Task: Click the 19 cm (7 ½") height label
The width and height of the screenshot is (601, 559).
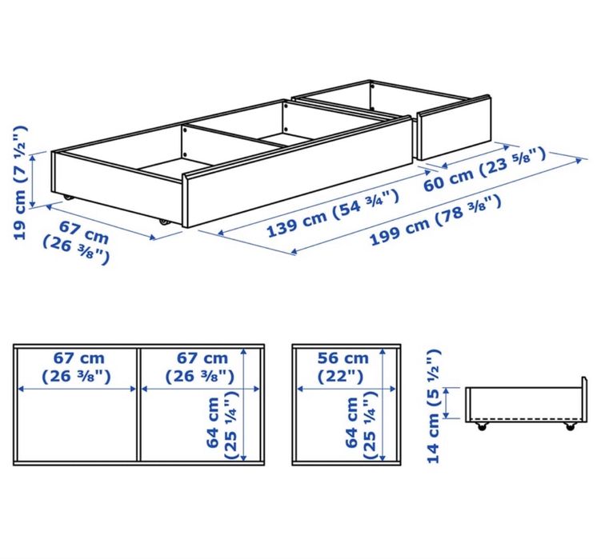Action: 20,183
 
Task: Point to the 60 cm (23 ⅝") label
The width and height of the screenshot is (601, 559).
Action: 484,169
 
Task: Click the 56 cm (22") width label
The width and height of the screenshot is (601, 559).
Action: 343,367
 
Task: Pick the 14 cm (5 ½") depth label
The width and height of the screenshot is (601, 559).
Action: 434,406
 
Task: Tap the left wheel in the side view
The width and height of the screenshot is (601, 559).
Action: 482,426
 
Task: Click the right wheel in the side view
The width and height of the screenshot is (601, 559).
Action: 571,426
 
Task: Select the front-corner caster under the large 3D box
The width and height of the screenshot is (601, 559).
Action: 164,222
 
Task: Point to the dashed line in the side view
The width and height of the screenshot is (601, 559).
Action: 525,418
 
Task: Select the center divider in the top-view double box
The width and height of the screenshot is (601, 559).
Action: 138,404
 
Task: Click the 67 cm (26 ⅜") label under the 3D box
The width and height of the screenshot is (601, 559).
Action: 77,243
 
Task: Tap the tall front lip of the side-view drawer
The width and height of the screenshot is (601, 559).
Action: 584,400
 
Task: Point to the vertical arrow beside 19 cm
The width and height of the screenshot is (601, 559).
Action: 33,180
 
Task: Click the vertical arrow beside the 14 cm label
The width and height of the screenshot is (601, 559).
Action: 446,403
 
